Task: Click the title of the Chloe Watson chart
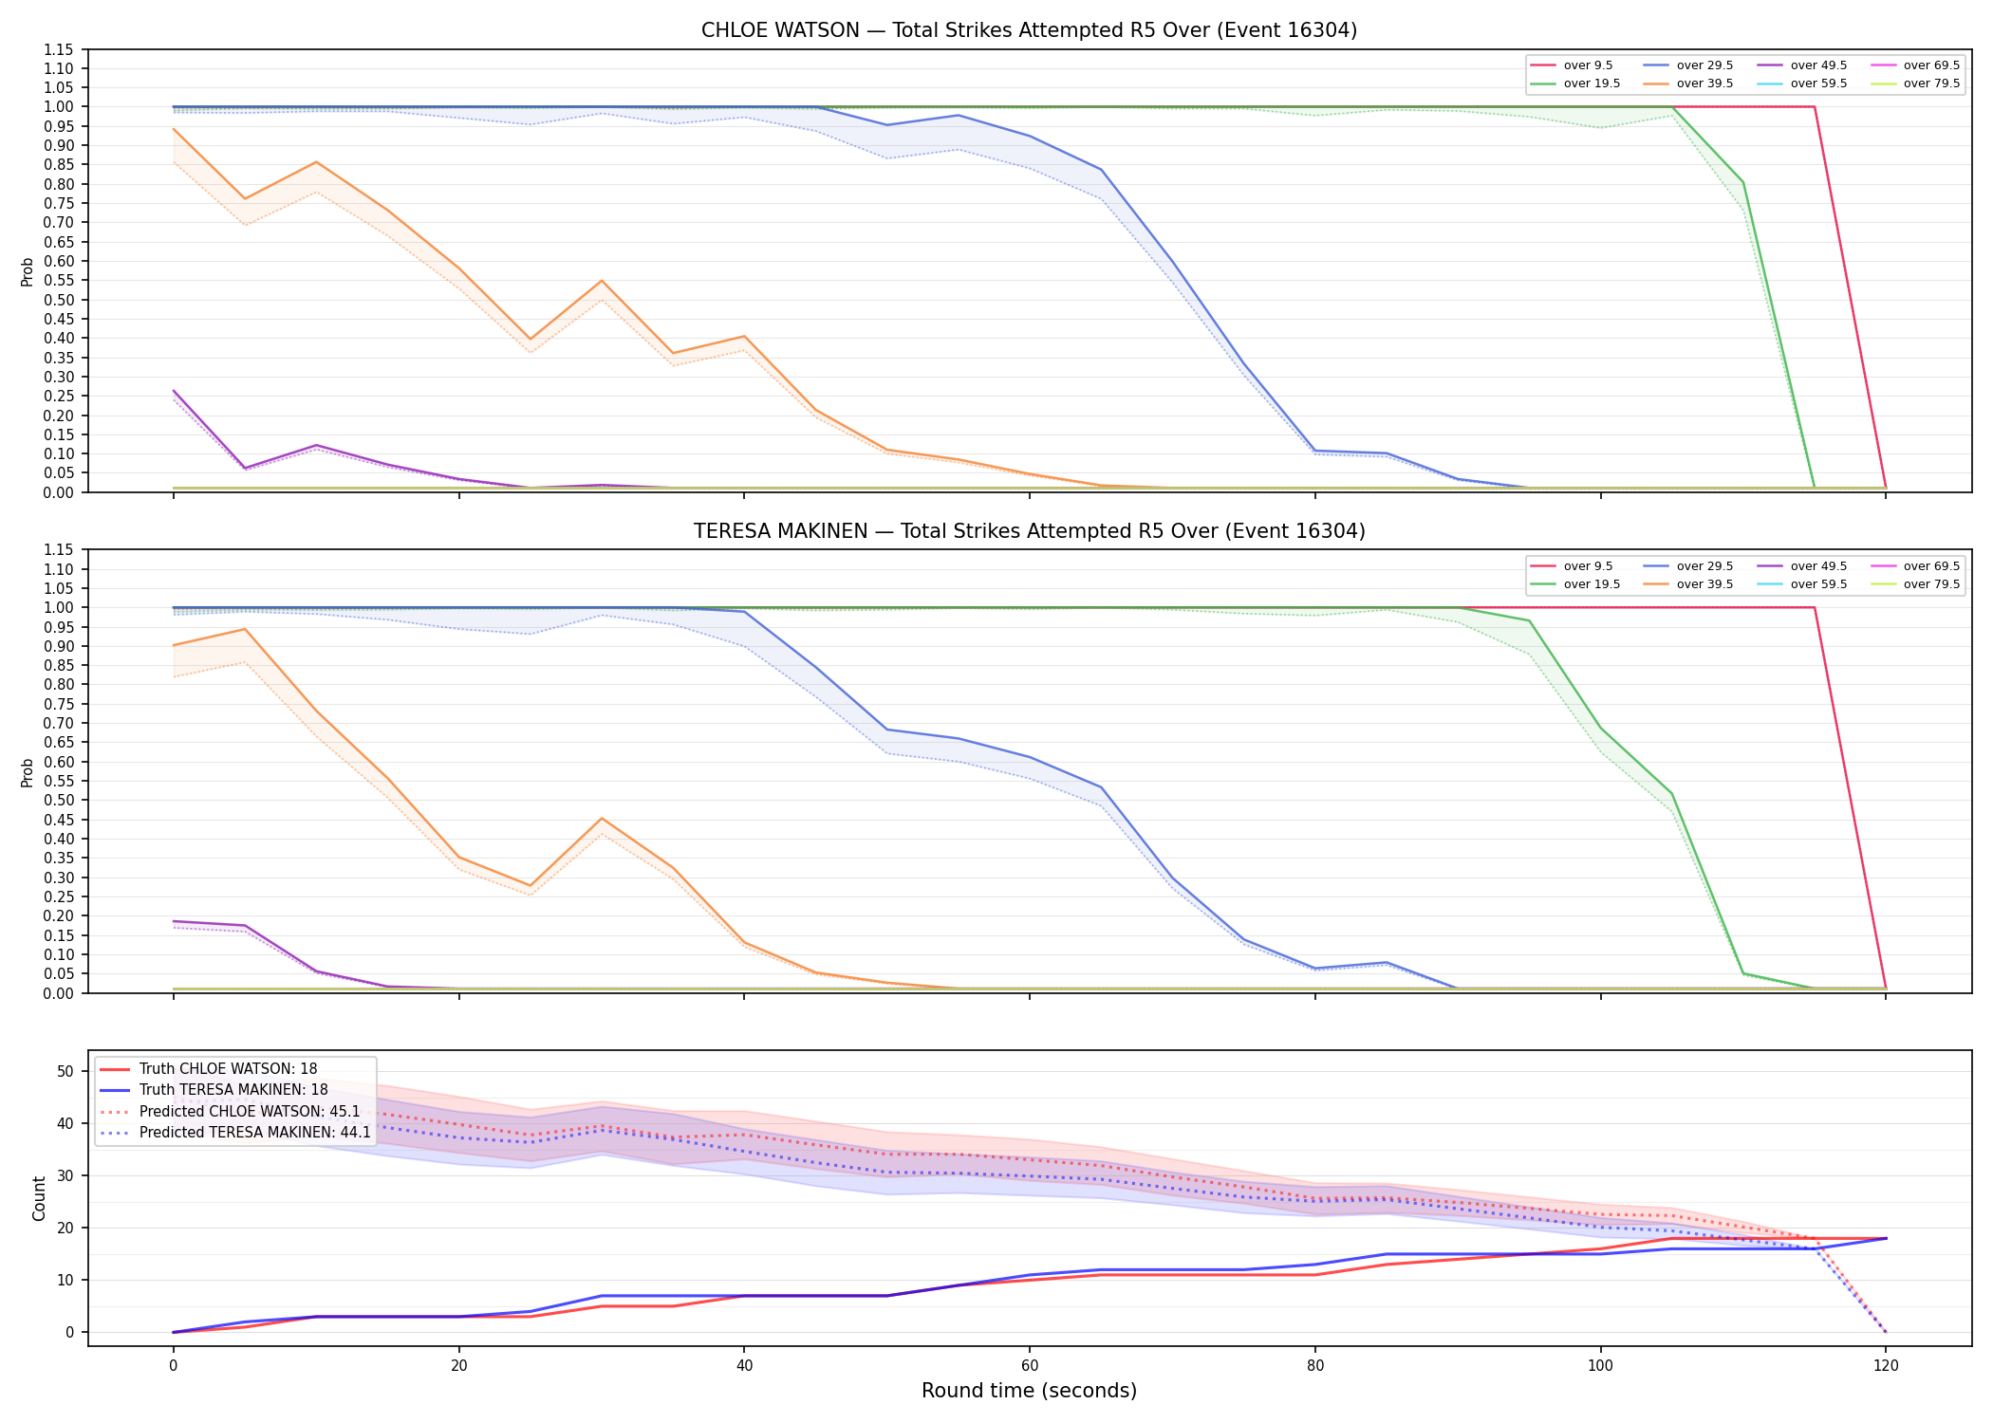click(x=1029, y=30)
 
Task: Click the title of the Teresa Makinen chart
click(x=1029, y=531)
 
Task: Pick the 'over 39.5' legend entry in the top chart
click(x=1688, y=83)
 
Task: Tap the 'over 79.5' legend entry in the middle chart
click(x=1915, y=584)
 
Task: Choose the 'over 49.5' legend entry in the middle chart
click(x=1802, y=566)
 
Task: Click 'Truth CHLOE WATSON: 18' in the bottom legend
click(x=209, y=1069)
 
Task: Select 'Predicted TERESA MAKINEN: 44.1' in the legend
click(x=235, y=1133)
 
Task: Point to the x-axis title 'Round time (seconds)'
click(x=1029, y=1391)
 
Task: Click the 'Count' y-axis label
click(x=39, y=1198)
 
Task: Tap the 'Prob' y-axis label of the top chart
click(x=28, y=271)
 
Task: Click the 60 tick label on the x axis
click(x=1029, y=1366)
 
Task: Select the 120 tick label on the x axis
click(x=1885, y=1366)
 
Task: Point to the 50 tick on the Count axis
click(x=65, y=1071)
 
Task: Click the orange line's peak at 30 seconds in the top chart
click(x=602, y=281)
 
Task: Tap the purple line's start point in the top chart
click(x=174, y=391)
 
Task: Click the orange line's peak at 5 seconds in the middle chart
click(x=245, y=629)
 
